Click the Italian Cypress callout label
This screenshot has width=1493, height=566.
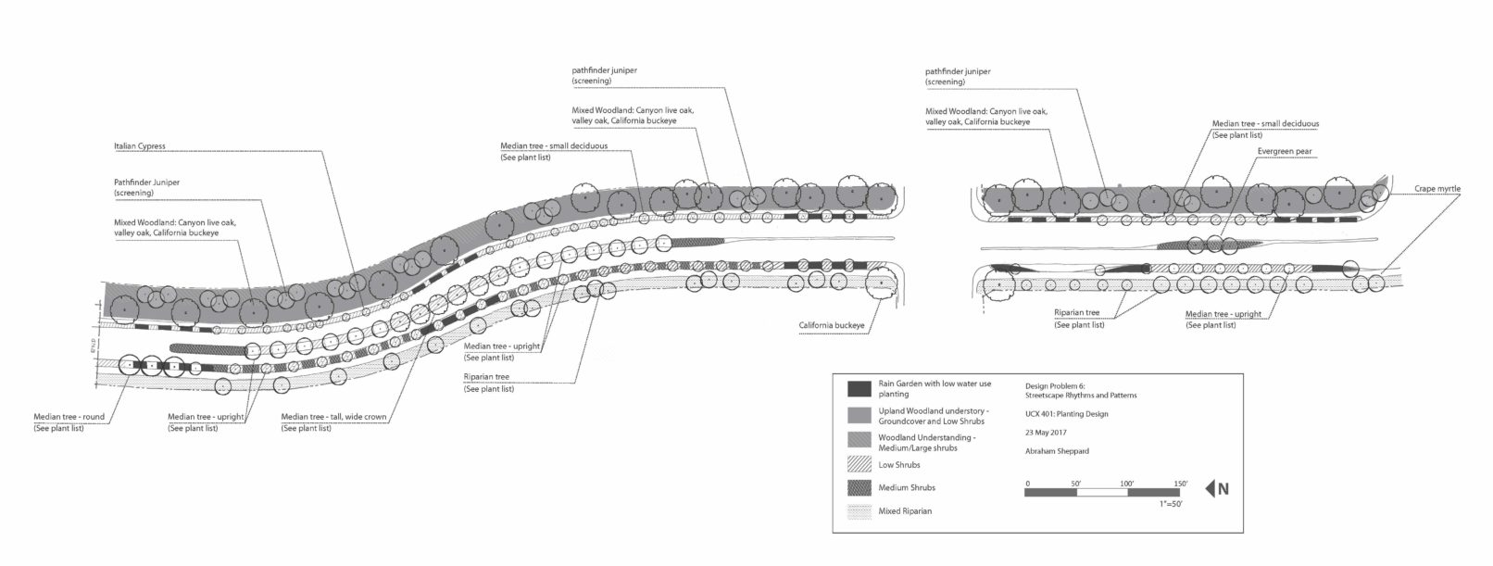[x=139, y=146]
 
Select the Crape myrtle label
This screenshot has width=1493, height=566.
[x=1437, y=188]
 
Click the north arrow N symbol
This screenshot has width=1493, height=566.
[x=1218, y=490]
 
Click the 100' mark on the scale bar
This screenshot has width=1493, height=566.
[x=1127, y=484]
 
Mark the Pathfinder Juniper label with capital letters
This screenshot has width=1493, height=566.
[x=146, y=182]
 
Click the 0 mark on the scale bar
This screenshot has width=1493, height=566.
[x=1027, y=484]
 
